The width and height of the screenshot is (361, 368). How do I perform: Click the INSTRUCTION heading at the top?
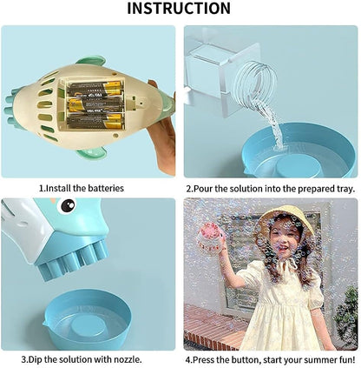click(179, 9)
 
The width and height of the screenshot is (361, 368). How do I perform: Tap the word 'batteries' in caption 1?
click(106, 188)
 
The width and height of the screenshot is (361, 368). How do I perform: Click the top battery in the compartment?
click(95, 89)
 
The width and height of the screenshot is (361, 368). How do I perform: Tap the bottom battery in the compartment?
click(95, 121)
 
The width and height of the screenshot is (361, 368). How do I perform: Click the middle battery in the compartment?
click(95, 105)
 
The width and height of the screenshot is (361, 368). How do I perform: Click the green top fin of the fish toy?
click(91, 61)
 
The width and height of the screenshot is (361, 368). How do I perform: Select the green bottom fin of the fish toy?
click(92, 153)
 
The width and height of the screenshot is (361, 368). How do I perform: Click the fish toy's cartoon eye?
click(68, 206)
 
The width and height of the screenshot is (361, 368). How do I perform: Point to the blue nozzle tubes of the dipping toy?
click(72, 261)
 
